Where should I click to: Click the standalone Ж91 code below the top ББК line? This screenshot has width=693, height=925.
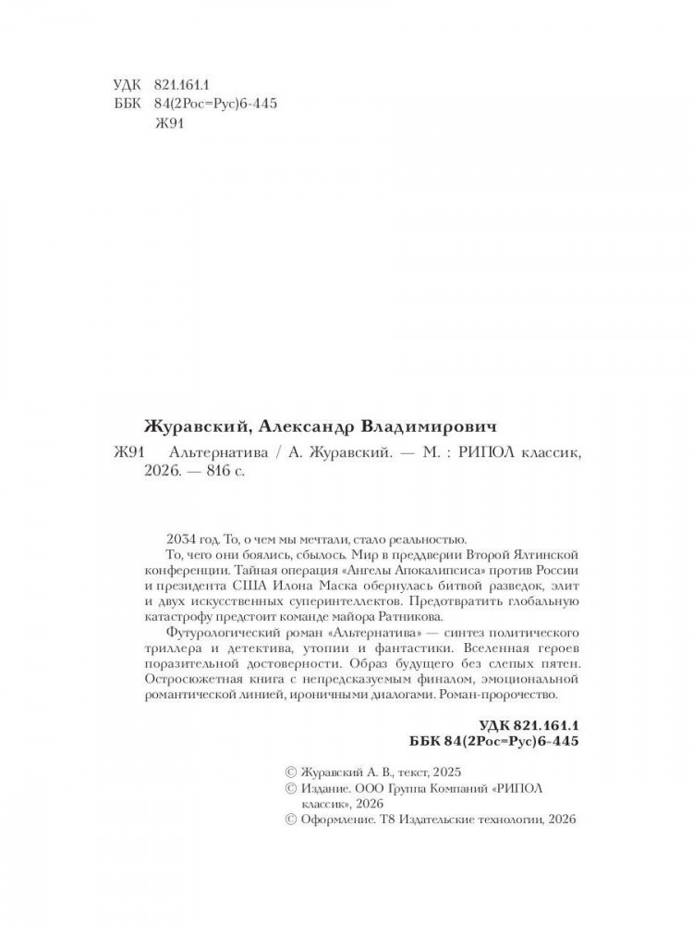172,128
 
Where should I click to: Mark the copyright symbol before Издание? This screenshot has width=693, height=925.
293,789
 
